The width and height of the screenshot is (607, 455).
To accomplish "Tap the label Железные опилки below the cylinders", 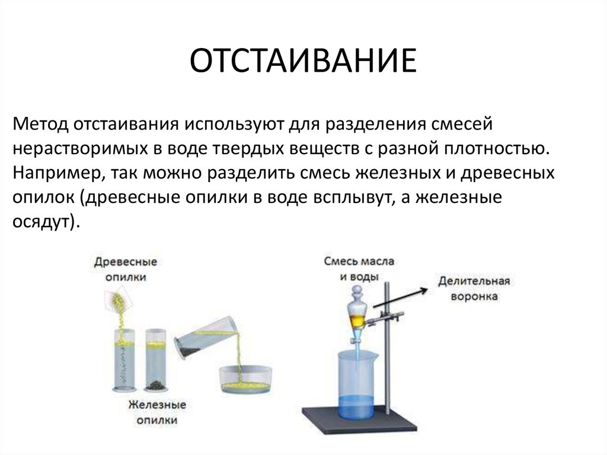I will pos(156,412).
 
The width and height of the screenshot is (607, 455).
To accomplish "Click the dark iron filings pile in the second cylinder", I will pos(156,384).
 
